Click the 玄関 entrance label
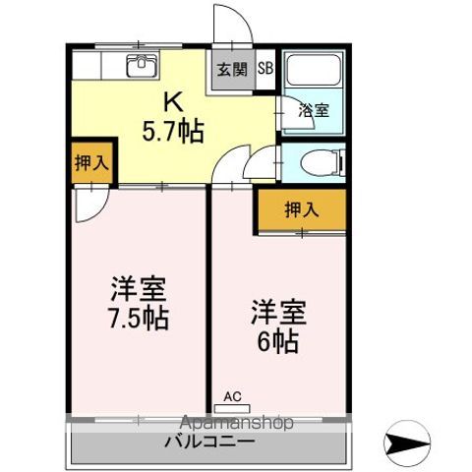coord(233,70)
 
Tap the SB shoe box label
coord(265,69)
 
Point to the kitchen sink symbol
coord(143,66)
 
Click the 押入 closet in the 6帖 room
coord(302,208)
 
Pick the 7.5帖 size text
coord(138,317)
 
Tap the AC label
coord(232,396)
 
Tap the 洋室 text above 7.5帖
coord(138,289)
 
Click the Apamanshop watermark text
coord(233,423)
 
